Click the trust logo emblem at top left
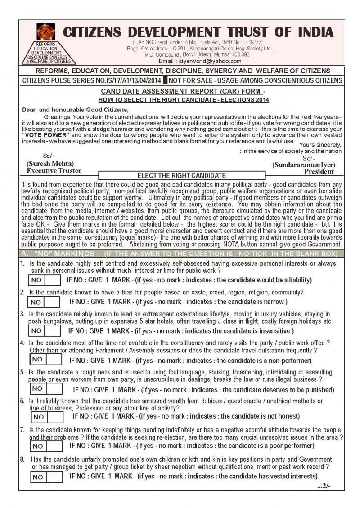46,31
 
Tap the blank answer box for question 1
53,280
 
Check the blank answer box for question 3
53,331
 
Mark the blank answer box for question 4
54,360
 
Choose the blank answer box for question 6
55,417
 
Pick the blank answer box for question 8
54,477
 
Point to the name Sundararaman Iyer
304,165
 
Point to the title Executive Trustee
54,170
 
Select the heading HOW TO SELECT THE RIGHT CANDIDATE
184,100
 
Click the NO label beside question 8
38,477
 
